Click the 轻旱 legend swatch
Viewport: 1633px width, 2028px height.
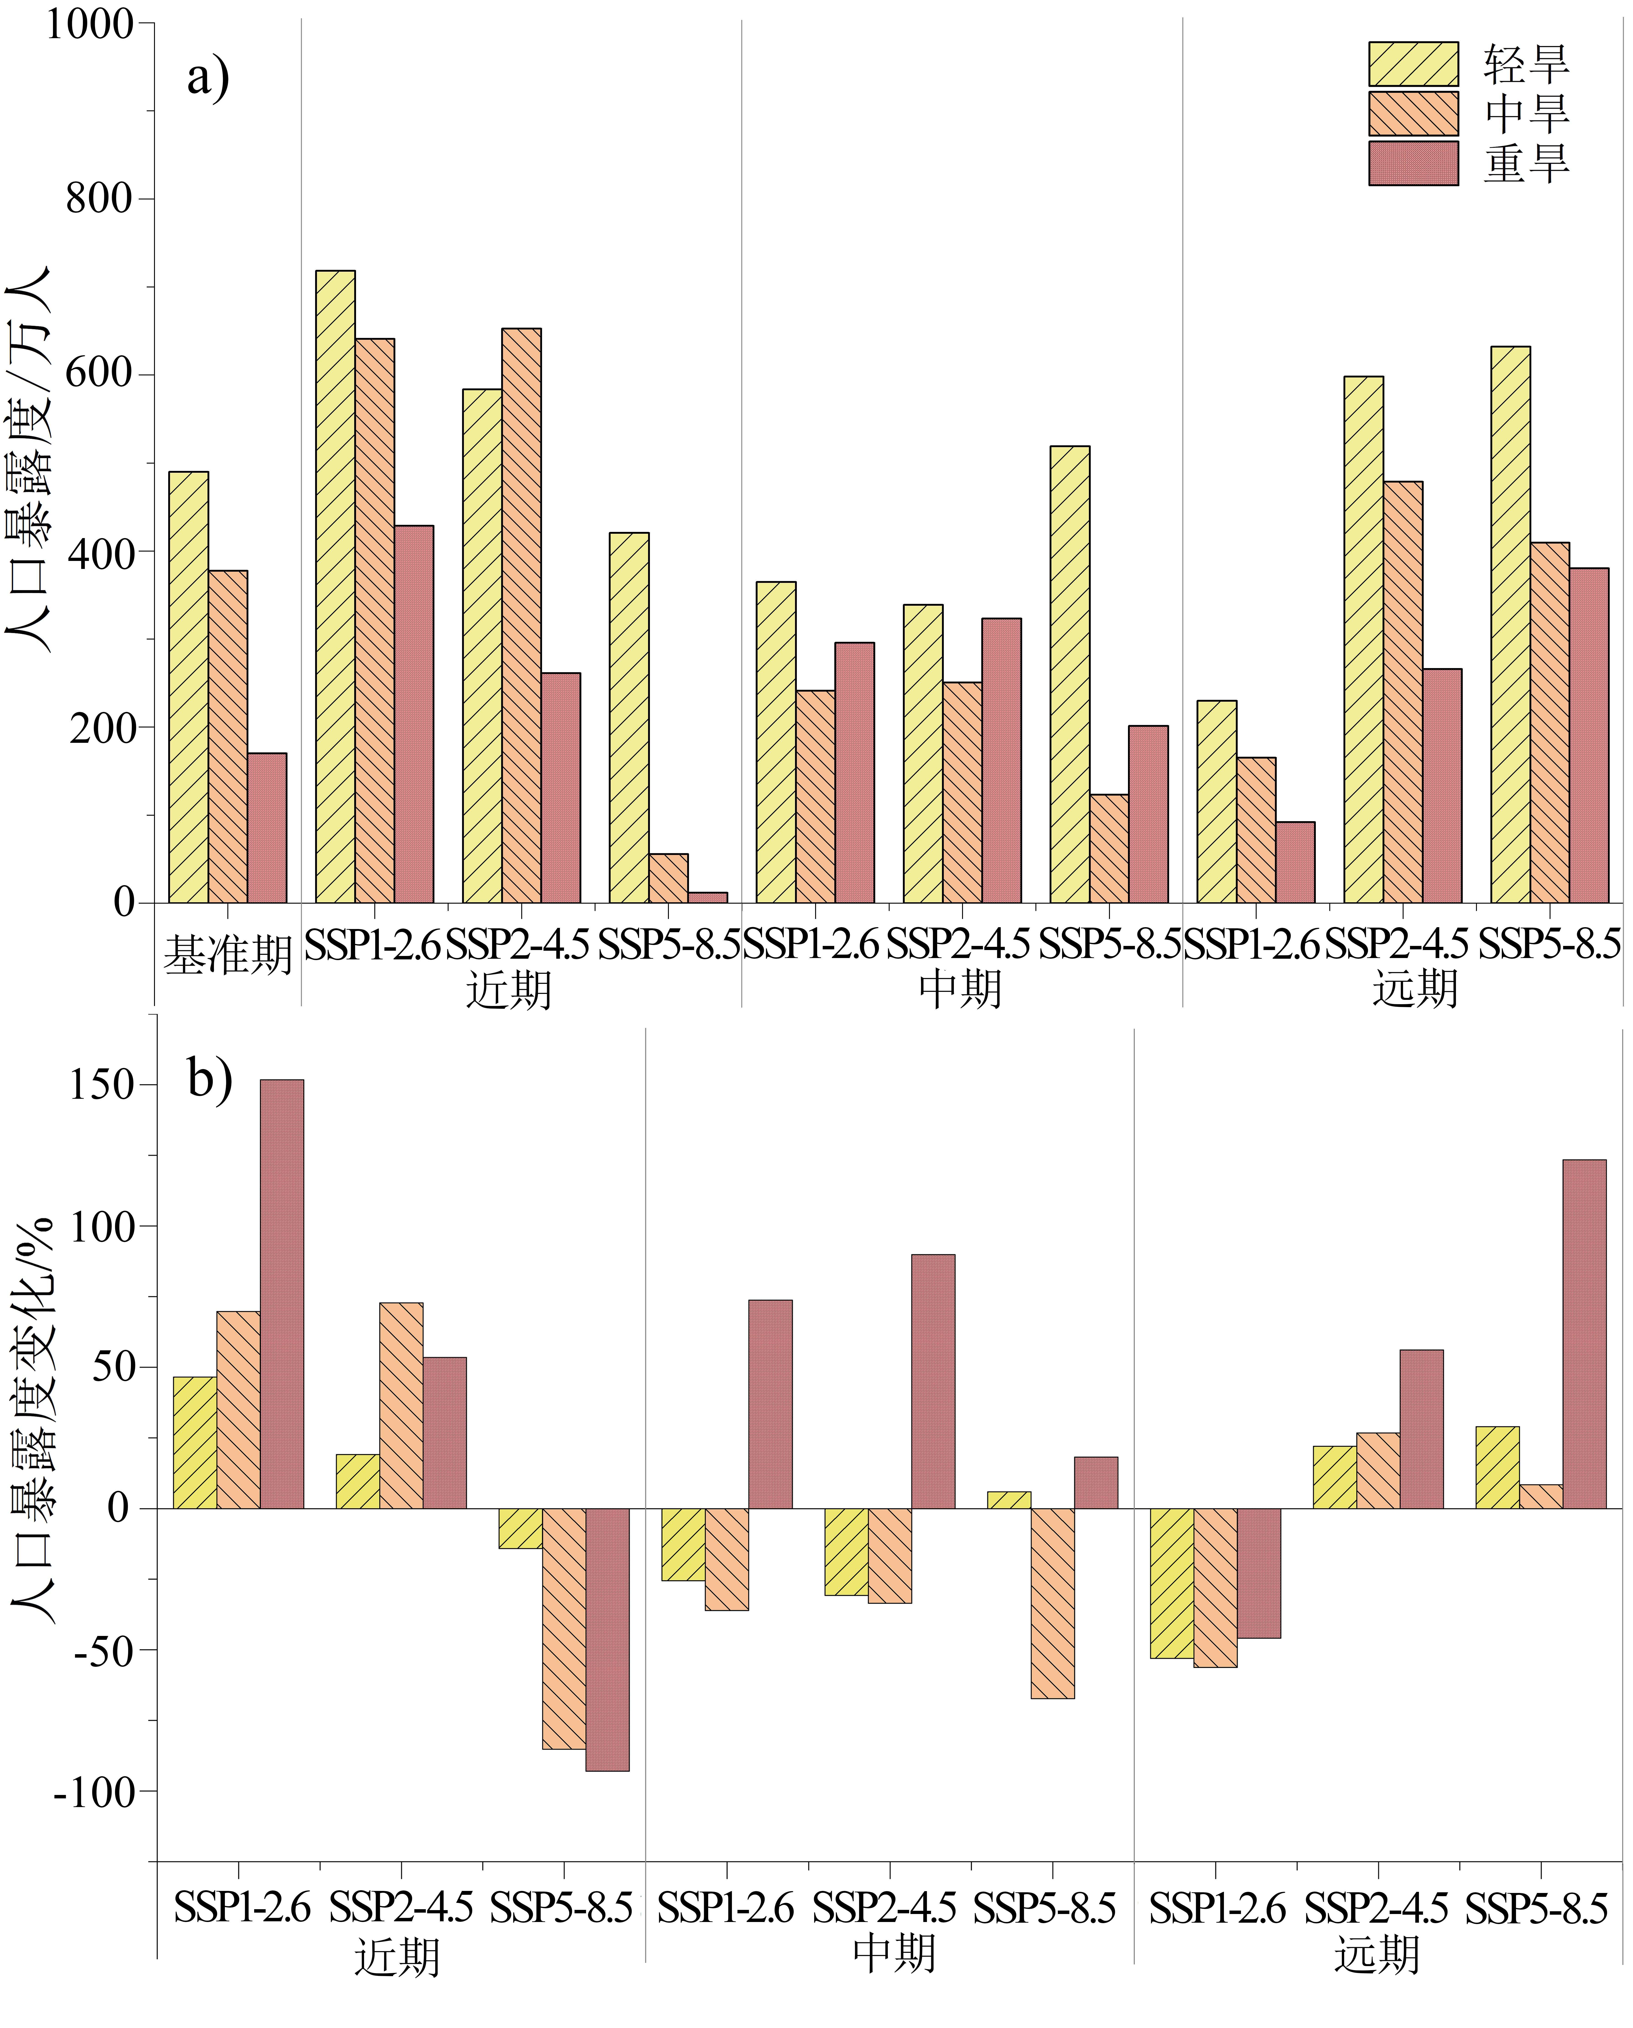[1413, 64]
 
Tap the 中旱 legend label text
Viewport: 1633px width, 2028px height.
[1527, 114]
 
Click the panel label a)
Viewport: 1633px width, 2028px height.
[208, 77]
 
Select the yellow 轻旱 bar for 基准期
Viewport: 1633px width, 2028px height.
[188, 688]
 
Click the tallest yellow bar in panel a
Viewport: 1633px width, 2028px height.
[336, 587]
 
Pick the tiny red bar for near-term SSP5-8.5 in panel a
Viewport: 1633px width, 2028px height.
[707, 897]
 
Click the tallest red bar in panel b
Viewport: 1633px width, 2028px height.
[282, 1294]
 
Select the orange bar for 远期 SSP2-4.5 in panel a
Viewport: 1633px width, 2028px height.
[1402, 692]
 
